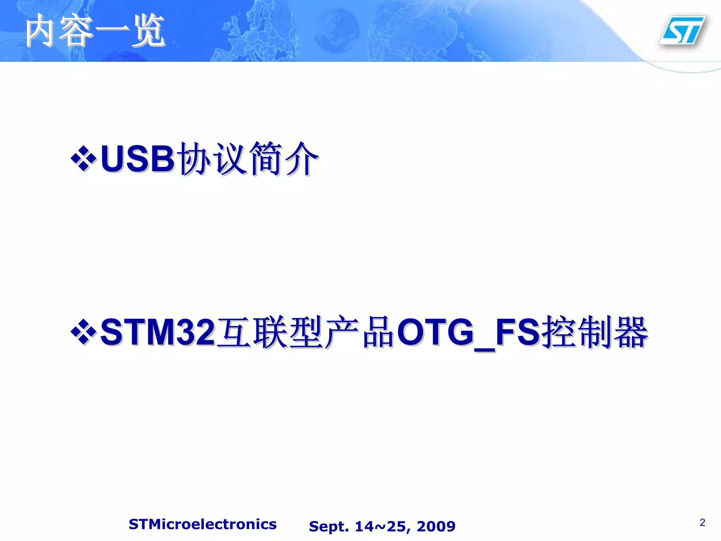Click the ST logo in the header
(682, 31)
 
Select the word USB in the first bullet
(137, 159)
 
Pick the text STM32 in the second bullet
(157, 332)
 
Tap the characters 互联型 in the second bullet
(269, 332)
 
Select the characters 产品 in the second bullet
(359, 332)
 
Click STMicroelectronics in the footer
(202, 524)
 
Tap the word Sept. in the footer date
(329, 527)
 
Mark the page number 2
(702, 522)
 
